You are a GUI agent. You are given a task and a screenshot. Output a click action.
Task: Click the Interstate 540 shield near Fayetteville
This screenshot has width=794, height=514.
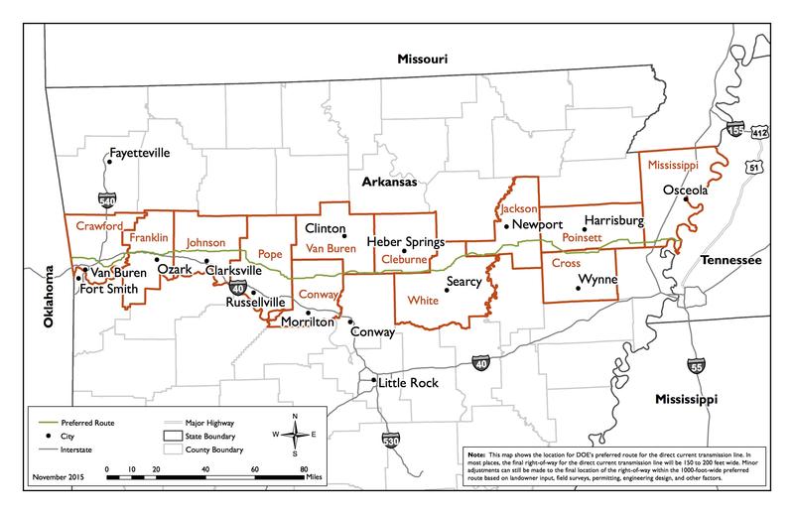[x=107, y=198]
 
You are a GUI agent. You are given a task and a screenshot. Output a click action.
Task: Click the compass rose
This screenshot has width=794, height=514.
[x=296, y=433]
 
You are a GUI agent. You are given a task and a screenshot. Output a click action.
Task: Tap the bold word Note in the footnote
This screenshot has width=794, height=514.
[x=475, y=456]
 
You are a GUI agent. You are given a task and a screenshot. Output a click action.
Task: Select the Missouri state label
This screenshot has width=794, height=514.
[x=423, y=60]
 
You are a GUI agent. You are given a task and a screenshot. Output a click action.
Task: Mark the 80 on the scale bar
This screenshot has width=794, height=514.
[x=305, y=468]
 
